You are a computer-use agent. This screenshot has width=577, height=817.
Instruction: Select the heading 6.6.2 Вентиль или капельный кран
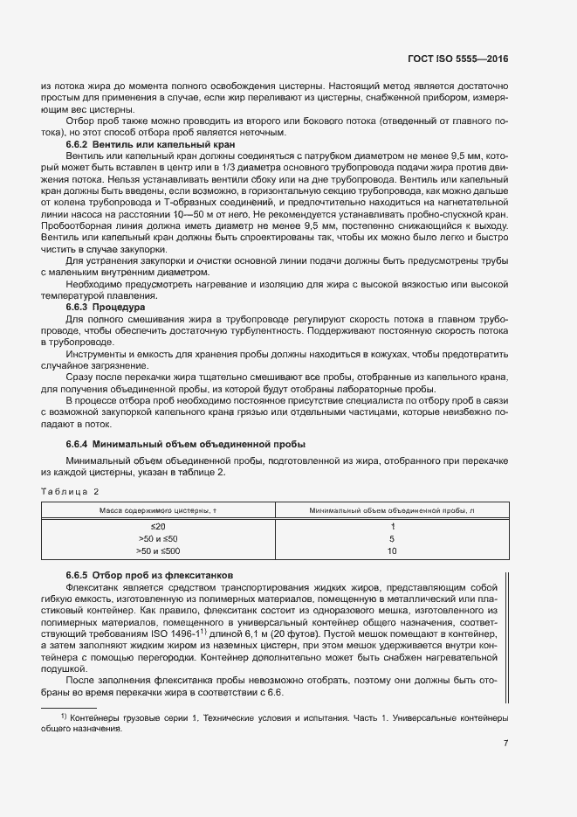(134, 143)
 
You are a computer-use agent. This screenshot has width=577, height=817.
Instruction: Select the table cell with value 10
(392, 551)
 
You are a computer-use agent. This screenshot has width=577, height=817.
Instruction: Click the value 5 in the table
(392, 539)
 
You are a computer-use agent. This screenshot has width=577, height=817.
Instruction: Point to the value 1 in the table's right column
(392, 527)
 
